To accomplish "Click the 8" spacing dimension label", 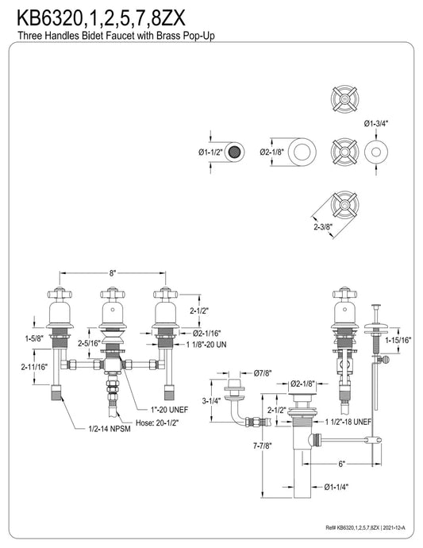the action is [112, 273].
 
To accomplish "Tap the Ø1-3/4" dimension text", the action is [376, 123].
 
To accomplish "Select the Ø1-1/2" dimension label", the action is [210, 152].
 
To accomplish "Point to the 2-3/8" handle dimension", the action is [323, 227].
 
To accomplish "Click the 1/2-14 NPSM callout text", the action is [110, 429].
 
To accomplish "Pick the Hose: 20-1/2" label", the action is [157, 423].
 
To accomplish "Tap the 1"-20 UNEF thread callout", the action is [169, 410].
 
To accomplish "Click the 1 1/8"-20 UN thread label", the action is [206, 345].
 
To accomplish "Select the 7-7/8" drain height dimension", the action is [263, 446].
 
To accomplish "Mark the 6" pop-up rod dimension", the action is [341, 464].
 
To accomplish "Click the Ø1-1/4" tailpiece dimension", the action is [336, 487].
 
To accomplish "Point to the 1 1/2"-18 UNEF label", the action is [348, 423].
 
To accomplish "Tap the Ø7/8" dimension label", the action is [263, 373].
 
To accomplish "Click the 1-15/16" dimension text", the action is [398, 340].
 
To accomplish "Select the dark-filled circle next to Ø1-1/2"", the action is [234, 152].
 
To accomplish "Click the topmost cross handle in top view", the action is [344, 98].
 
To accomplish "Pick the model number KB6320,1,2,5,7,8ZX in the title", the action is [102, 18].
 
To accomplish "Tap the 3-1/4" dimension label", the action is [212, 401].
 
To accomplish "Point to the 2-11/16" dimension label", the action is [34, 367].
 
